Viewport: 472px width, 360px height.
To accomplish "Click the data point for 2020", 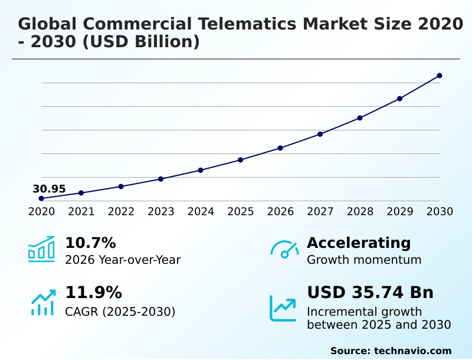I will click(x=41, y=198).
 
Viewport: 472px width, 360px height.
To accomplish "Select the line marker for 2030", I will click(x=440, y=76).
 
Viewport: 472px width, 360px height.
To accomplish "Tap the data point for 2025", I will click(x=240, y=160).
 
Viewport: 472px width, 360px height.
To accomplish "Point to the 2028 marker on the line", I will click(x=360, y=118).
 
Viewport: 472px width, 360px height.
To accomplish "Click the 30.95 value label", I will click(x=49, y=189).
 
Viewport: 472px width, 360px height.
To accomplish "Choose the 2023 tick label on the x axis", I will click(x=160, y=212).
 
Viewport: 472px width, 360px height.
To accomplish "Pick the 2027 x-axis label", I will click(x=320, y=212).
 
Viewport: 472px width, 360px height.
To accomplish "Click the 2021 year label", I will click(x=81, y=212).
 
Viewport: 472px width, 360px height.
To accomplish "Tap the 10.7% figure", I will click(x=90, y=243).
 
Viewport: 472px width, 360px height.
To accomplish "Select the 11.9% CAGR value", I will click(x=93, y=293).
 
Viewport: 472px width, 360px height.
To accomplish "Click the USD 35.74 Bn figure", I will click(x=370, y=293).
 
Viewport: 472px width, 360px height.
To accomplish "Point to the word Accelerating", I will click(x=359, y=243).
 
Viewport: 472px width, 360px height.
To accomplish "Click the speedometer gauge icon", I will click(x=284, y=249).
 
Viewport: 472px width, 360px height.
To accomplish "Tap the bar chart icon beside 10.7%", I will click(x=41, y=249).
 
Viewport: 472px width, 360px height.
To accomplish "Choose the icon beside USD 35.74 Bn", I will click(x=283, y=308).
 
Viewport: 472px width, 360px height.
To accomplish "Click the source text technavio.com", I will click(x=412, y=351).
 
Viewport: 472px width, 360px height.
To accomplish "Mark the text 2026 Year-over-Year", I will click(x=123, y=260).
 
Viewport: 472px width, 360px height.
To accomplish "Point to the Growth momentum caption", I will click(x=364, y=260).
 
